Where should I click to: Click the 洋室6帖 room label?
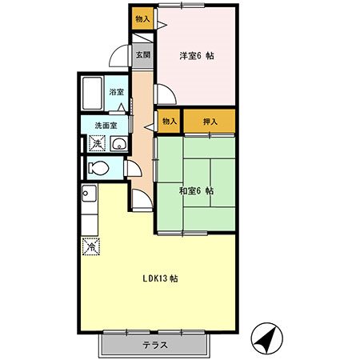197,56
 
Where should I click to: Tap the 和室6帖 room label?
197,191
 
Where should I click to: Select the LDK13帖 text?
160,278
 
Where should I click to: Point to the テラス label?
155,345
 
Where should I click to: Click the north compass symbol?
266,338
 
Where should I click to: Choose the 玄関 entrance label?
143,55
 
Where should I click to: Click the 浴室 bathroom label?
117,92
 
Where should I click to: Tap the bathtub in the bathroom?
92,93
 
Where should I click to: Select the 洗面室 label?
106,126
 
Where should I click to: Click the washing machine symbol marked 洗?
97,143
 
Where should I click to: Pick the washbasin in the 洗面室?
119,144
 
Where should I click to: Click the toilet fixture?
98,168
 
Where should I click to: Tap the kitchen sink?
89,193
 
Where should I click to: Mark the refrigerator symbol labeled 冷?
91,246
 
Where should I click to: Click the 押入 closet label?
210,122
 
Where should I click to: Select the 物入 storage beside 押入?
170,122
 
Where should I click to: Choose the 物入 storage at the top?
142,18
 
